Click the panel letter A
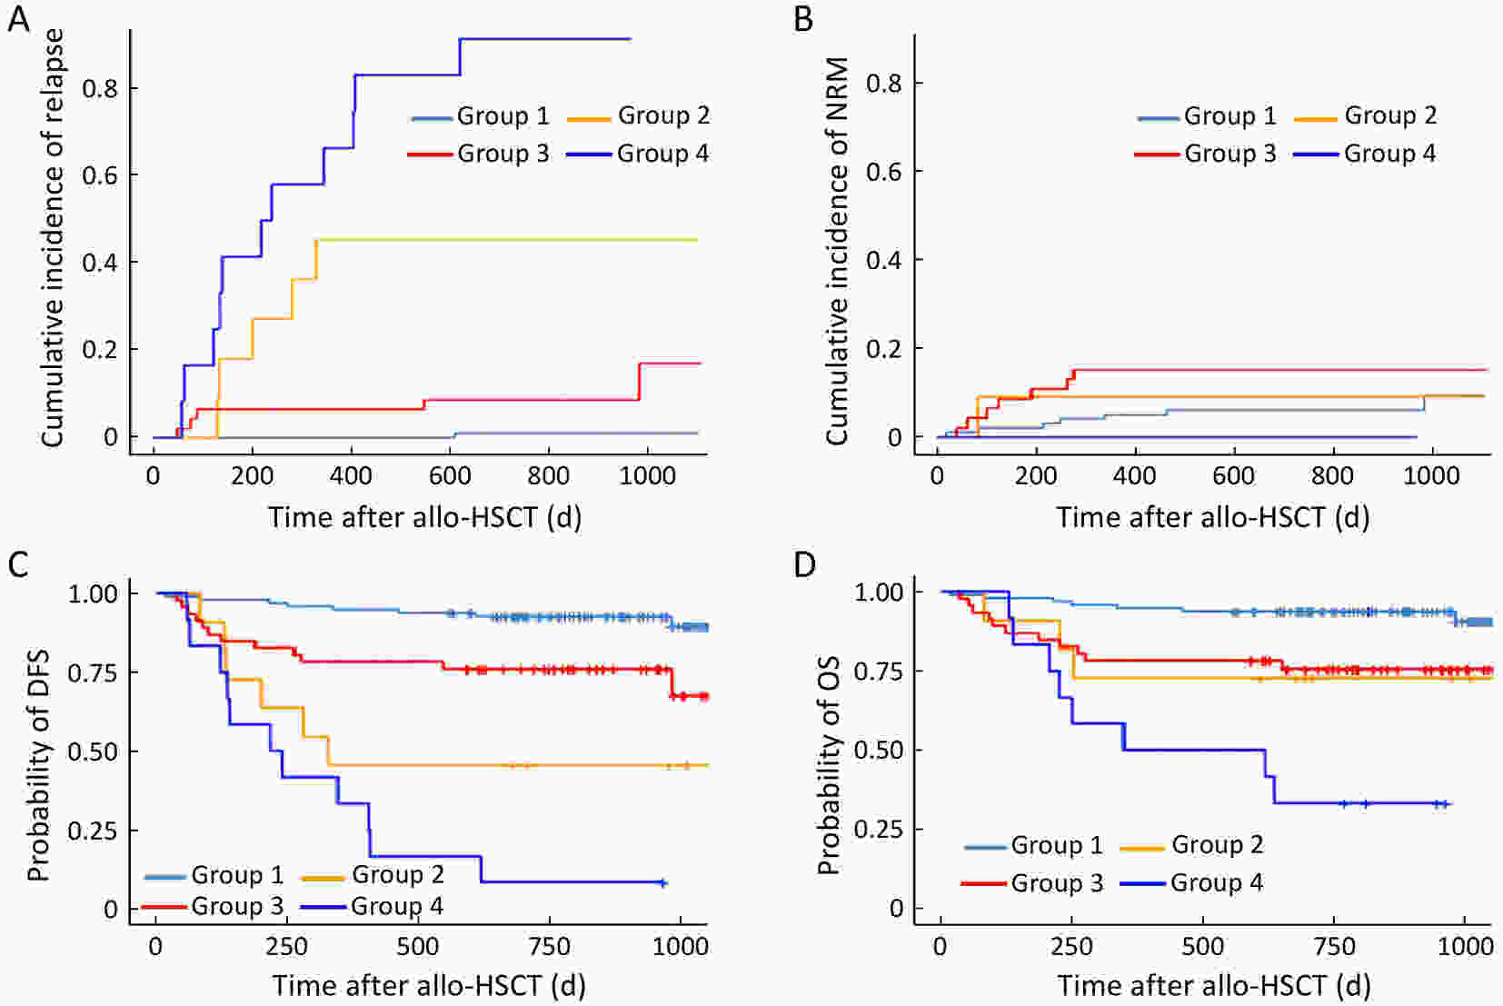point(18,19)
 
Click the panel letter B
point(803,19)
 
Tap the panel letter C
point(18,564)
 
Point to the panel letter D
point(804,564)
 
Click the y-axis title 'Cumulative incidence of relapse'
point(53,237)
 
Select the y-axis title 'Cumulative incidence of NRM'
point(837,251)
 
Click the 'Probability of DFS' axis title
point(38,765)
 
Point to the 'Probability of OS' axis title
point(827,764)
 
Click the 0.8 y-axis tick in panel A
point(100,88)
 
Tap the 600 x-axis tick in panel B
point(1233,475)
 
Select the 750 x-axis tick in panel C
point(549,946)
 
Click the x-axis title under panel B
point(1212,517)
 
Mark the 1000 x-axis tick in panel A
point(647,475)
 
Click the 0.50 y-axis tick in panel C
point(93,752)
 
